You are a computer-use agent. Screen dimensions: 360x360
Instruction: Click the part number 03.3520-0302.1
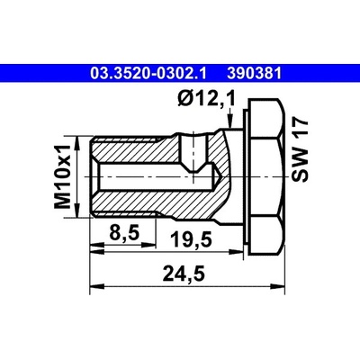click(148, 74)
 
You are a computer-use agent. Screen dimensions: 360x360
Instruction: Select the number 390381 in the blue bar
click(255, 74)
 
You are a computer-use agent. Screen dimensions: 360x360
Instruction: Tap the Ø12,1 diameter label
click(207, 99)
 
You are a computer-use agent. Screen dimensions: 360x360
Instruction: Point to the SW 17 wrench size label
click(301, 150)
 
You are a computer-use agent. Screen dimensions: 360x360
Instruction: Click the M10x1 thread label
click(62, 176)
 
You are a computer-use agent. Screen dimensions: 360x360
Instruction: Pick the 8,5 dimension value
click(124, 233)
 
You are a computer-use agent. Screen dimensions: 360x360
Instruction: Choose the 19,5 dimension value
click(192, 239)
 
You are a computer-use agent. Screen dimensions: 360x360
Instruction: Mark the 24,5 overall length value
click(184, 274)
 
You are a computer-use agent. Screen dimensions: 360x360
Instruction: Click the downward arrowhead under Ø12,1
click(229, 121)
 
